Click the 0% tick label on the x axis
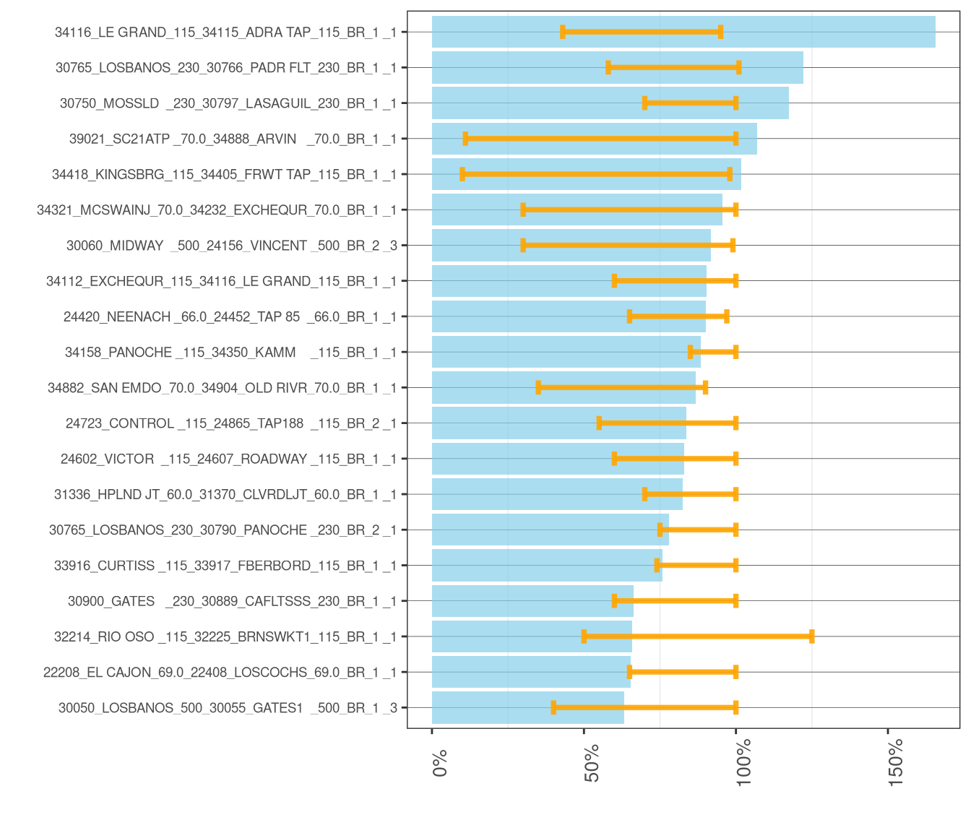click(440, 763)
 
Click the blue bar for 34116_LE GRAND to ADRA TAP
click(683, 32)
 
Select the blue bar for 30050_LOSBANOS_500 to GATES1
click(527, 708)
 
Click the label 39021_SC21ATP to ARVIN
click(233, 139)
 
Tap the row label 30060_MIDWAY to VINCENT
click(232, 246)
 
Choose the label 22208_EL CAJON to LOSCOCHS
click(220, 673)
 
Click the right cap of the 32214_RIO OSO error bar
click(812, 636)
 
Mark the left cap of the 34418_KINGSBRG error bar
click(462, 174)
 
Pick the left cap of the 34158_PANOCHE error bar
click(691, 353)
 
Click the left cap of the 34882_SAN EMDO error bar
click(538, 388)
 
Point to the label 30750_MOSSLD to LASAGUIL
click(228, 103)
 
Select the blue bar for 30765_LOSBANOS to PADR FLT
click(617, 68)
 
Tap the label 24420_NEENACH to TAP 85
click(230, 317)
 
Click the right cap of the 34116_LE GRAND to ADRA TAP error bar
click(720, 32)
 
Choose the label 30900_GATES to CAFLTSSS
click(232, 601)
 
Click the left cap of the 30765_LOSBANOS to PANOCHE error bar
click(660, 530)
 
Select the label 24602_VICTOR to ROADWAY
click(228, 459)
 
